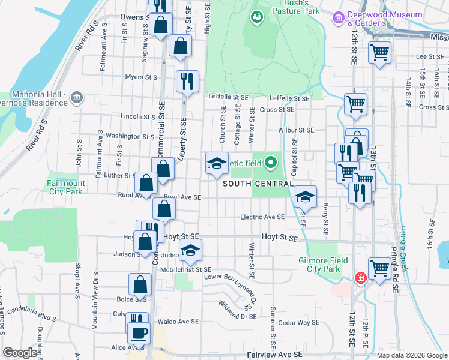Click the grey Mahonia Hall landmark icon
(x=76, y=97)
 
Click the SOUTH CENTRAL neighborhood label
(x=258, y=184)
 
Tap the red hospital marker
(x=360, y=278)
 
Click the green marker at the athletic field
(x=271, y=161)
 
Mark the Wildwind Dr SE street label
(x=238, y=311)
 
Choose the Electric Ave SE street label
(x=262, y=217)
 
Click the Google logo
(x=20, y=353)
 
